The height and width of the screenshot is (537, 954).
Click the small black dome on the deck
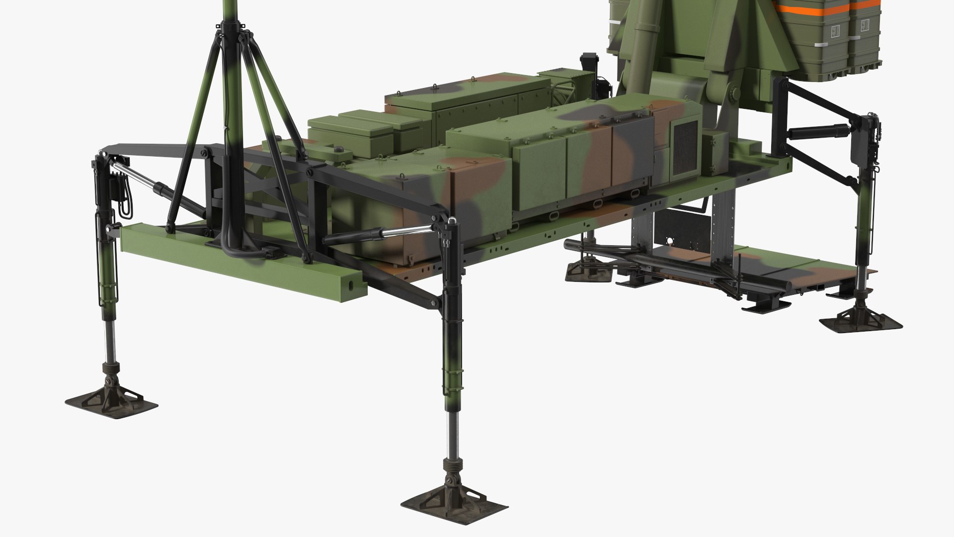[x=339, y=150]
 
